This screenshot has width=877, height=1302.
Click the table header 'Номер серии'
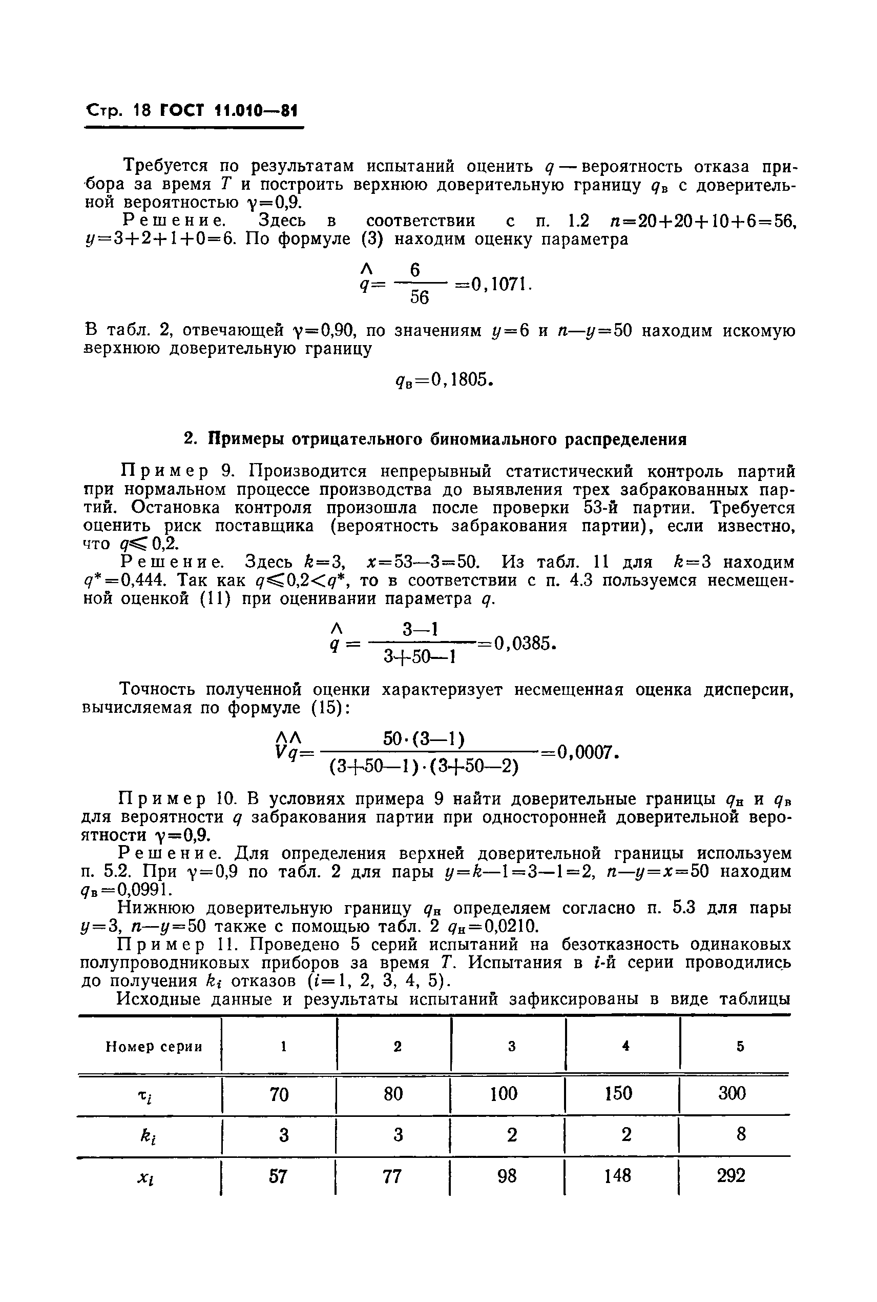click(154, 1046)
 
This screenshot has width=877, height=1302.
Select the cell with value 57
click(278, 1175)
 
